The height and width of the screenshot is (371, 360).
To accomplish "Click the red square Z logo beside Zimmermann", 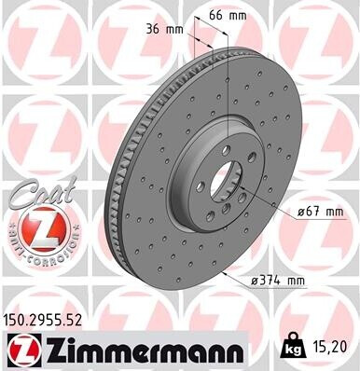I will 21,351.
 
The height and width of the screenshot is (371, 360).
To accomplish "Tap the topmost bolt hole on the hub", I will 216,149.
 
